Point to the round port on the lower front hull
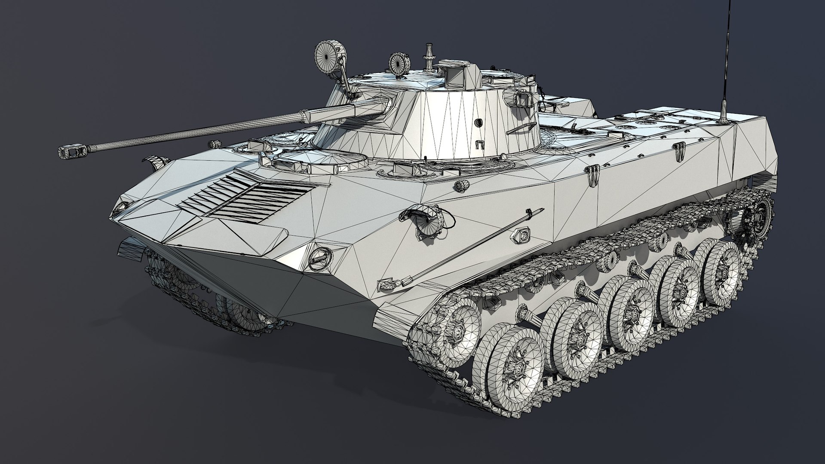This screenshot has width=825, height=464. tap(320, 256)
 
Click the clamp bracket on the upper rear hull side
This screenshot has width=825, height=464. tap(593, 175)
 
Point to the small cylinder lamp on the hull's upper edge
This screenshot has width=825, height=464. tap(462, 185)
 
